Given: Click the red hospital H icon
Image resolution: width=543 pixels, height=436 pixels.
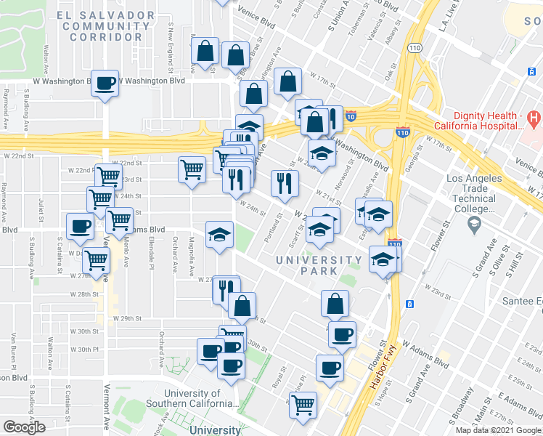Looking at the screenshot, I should pyautogui.click(x=534, y=116).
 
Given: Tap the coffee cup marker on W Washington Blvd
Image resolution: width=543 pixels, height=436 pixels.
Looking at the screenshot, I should pyautogui.click(x=106, y=83).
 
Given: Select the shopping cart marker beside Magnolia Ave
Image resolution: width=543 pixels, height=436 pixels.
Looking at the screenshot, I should pyautogui.click(x=192, y=170).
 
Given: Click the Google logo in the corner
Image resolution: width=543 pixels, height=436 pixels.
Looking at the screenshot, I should pyautogui.click(x=24, y=427).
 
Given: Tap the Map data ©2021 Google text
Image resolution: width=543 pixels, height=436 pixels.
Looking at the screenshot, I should pyautogui.click(x=497, y=430).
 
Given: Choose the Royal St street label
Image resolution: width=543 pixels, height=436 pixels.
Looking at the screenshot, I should pyautogui.click(x=276, y=379).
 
